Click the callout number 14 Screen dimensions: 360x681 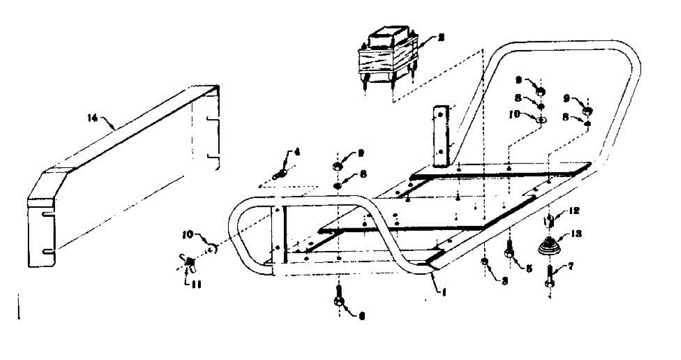(92, 118)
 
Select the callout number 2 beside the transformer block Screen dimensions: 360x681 (440, 39)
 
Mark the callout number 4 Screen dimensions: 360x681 (295, 152)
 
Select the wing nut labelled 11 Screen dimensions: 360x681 (189, 261)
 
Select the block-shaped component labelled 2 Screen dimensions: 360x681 (388, 56)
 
